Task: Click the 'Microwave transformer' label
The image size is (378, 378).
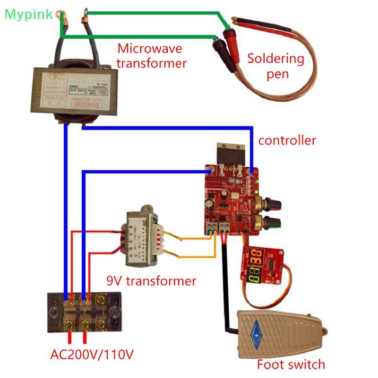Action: pyautogui.click(x=151, y=56)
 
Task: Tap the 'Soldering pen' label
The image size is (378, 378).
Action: pyautogui.click(x=276, y=66)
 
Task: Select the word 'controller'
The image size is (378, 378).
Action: pyautogui.click(x=287, y=140)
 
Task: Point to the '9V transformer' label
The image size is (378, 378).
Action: pyautogui.click(x=151, y=281)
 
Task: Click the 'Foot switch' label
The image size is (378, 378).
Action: pyautogui.click(x=291, y=364)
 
